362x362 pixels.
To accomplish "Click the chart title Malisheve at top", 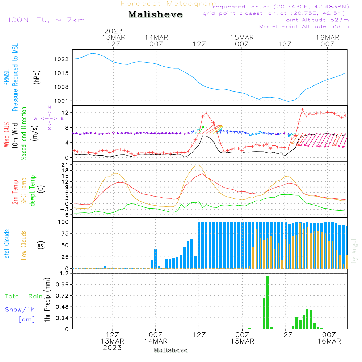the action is (155, 14).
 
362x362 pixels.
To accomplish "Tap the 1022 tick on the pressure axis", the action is (62, 59).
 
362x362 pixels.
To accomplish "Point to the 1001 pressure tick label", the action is (62, 101).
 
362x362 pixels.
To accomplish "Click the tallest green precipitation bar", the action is (268, 302).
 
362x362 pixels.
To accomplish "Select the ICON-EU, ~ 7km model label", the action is (47, 20).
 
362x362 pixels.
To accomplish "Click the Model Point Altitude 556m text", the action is (304, 26).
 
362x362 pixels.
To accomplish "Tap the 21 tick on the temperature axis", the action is (65, 165).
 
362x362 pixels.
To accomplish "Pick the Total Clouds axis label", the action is (7, 245).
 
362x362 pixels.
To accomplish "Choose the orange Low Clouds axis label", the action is (24, 245).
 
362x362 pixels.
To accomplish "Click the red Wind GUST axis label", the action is (7, 134).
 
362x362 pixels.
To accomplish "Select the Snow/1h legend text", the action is (20, 310).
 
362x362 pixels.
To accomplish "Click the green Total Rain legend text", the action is (24, 296).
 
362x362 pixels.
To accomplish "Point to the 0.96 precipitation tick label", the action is (62, 285).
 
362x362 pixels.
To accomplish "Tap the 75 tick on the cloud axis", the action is (65, 233).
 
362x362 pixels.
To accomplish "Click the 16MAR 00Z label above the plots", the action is (328, 41).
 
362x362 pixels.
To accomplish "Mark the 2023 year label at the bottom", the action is (112, 348).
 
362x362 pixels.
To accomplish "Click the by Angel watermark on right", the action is (354, 251).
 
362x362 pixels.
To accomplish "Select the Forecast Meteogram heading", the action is (169, 4).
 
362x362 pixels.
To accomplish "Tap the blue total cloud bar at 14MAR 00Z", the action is (155, 259).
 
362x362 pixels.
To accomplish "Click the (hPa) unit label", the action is (37, 77).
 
